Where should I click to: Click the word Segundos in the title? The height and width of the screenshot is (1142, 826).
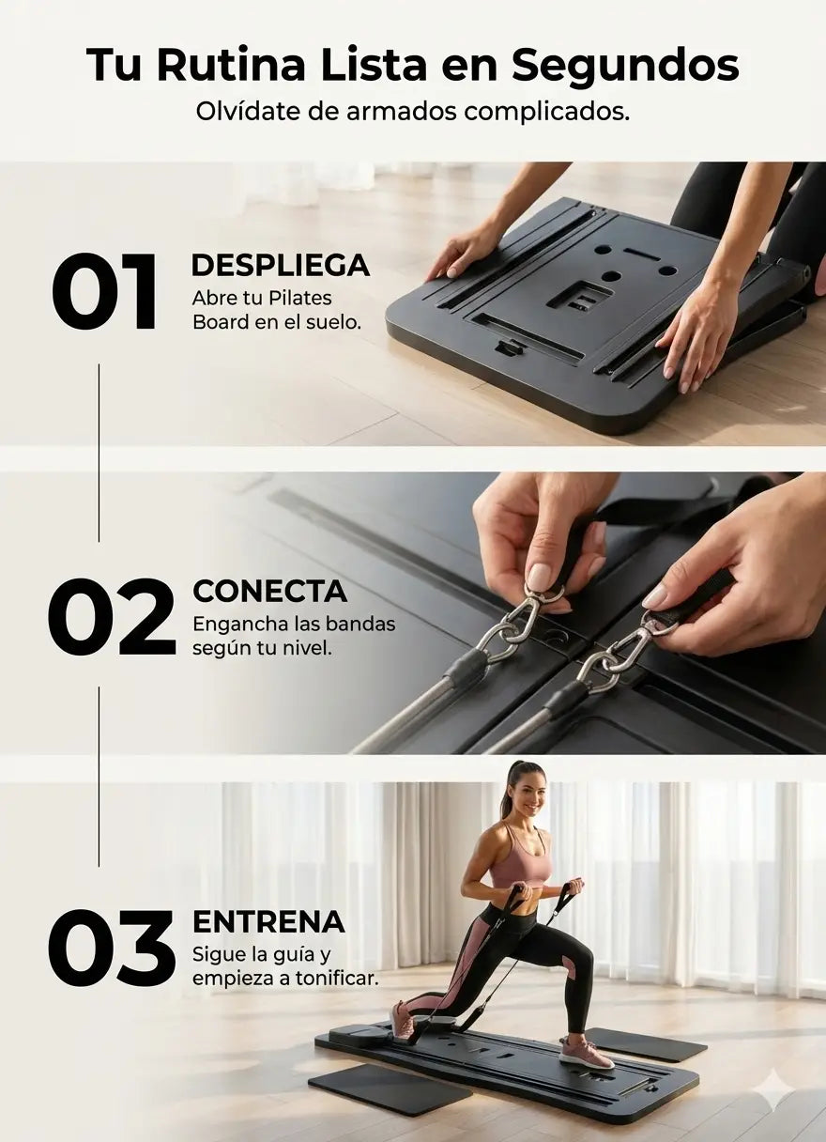coord(625,65)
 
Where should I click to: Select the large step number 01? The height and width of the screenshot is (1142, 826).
coord(104,292)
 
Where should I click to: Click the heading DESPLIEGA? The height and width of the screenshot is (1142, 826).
coord(281,265)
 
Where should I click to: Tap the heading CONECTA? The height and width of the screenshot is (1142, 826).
coord(270,592)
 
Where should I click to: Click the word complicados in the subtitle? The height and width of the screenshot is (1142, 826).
coord(547,112)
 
